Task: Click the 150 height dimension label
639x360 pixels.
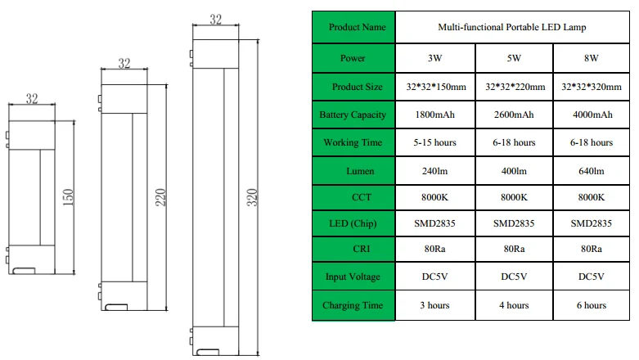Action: point(68,197)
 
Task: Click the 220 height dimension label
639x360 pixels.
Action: point(160,197)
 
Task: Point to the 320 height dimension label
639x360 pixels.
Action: point(252,197)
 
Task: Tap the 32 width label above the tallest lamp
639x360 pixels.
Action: point(215,19)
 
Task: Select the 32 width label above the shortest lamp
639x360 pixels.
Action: point(32,98)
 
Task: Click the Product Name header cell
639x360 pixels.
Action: point(353,27)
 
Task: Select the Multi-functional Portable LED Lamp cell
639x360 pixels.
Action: point(512,27)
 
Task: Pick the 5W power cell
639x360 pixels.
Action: point(515,58)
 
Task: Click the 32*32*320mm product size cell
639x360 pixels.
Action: point(592,87)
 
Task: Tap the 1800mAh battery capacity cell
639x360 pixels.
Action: point(435,115)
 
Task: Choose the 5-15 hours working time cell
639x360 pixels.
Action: point(435,142)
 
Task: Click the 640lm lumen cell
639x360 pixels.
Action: point(592,171)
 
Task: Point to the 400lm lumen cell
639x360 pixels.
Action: point(515,171)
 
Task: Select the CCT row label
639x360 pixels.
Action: point(362,197)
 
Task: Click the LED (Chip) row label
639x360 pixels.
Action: point(353,223)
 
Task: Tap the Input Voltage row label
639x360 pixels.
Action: point(353,277)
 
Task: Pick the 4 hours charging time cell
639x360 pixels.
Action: point(515,305)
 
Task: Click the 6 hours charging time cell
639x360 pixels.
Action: point(592,305)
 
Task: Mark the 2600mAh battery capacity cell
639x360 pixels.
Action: point(515,115)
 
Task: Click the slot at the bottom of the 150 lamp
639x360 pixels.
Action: point(24,271)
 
